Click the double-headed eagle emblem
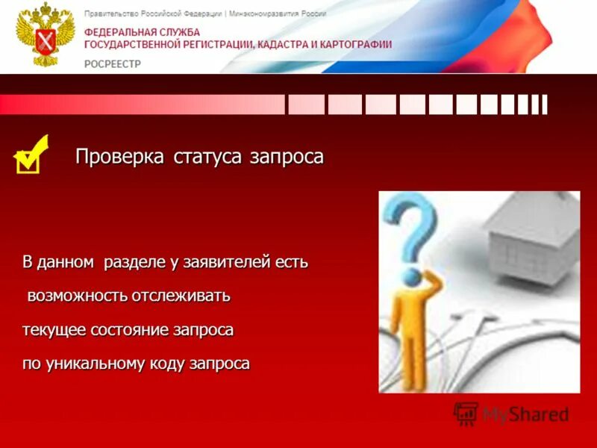tap(45, 35)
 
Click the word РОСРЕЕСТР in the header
tap(113, 64)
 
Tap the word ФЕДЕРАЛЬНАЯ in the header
tap(120, 34)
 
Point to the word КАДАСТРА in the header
tap(282, 45)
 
